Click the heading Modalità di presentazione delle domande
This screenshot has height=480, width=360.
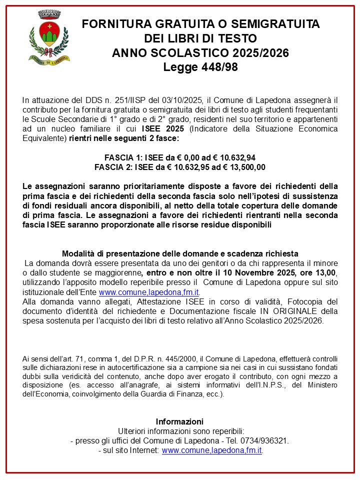150,253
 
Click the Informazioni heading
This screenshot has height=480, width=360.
179,421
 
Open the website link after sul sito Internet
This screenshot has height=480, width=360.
212,450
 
